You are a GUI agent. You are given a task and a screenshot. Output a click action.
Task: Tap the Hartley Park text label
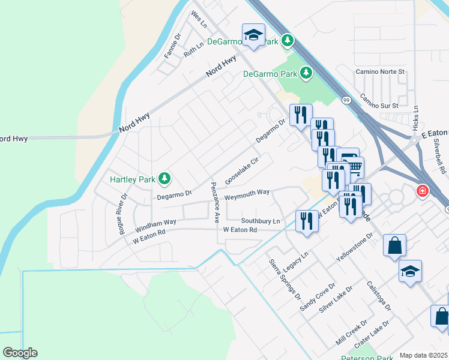132,179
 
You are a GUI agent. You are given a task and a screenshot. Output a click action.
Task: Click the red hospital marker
423,191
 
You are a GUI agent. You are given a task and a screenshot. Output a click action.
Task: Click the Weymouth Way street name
247,194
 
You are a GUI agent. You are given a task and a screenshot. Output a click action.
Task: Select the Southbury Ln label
261,221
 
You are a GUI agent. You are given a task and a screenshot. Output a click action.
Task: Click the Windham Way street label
155,226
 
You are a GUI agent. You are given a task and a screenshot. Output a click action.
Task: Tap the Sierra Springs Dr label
285,278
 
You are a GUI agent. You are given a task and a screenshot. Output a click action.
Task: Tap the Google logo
20,353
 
